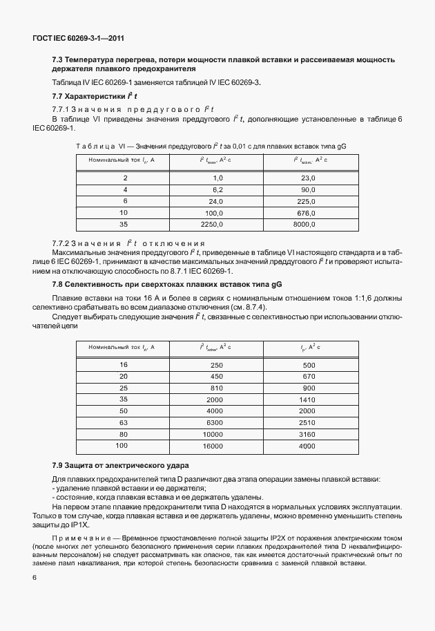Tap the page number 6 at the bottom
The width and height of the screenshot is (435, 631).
point(35,576)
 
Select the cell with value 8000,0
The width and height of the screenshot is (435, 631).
point(304,224)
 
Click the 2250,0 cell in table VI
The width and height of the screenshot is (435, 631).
point(211,224)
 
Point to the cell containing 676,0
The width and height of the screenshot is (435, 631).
point(305,212)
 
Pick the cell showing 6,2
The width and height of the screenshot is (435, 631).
point(217,189)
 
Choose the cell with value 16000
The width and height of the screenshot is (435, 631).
point(213,446)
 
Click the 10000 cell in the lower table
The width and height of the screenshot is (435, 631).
point(213,435)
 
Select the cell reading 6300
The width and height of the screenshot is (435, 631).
point(215,422)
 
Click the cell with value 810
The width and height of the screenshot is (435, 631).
point(216,388)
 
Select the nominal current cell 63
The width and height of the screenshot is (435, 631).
point(124,422)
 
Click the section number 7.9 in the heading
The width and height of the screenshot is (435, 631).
point(59,464)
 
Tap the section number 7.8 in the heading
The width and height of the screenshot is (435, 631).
point(59,285)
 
